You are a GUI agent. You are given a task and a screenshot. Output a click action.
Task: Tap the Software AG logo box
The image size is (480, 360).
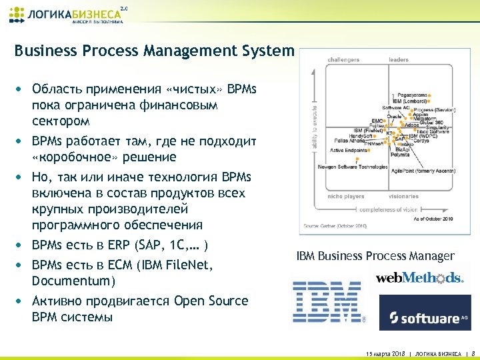coord(425,312)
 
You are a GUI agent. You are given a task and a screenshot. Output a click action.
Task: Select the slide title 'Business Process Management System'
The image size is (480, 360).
coord(154,51)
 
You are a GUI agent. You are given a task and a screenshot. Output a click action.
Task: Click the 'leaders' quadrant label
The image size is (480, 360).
coord(399,60)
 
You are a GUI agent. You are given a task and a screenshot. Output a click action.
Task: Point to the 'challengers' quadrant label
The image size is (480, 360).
coord(343,60)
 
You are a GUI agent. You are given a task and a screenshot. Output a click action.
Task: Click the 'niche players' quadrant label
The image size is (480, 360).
coord(346,196)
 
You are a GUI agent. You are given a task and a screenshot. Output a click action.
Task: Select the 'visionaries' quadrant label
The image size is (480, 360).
coord(405,196)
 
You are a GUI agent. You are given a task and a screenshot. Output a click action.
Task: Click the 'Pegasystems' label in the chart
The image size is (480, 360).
coord(413,95)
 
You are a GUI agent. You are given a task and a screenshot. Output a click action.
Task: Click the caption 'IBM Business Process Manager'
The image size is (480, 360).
coord(375,256)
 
